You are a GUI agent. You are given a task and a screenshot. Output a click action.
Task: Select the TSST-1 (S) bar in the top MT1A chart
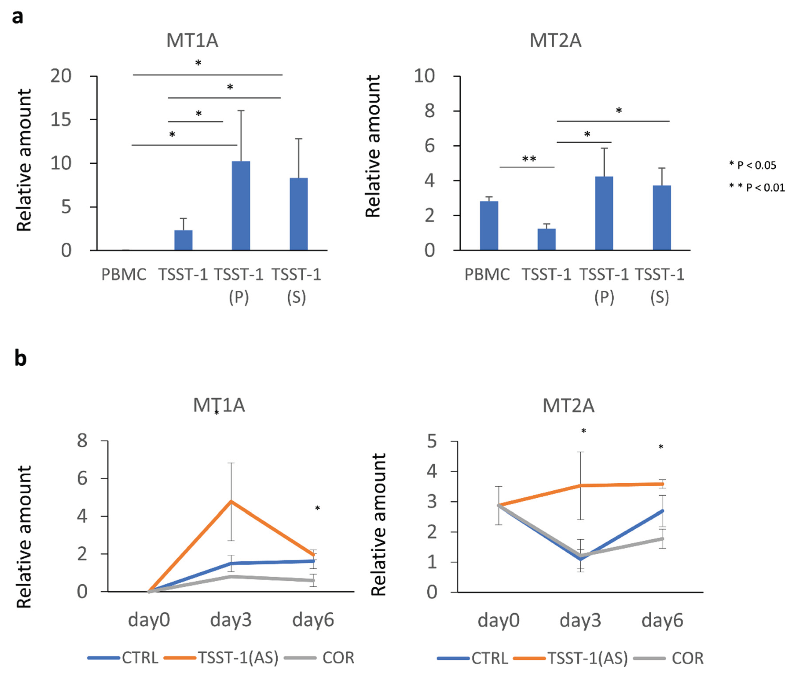[298, 214]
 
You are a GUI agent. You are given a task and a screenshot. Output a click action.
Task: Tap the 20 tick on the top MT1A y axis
[61, 76]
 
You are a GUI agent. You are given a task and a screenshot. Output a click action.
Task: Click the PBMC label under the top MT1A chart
[123, 275]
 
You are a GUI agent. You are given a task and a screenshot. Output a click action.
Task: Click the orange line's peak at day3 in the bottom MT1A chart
[231, 501]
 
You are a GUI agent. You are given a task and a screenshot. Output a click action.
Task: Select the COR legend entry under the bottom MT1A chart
[338, 658]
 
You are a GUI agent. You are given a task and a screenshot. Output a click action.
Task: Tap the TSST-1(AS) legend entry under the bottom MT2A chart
[587, 658]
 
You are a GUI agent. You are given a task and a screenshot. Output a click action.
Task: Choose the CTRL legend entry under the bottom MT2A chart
[489, 658]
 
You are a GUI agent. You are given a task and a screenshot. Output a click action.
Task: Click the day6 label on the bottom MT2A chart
[662, 620]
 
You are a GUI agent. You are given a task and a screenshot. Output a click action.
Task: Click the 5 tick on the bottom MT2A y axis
[432, 442]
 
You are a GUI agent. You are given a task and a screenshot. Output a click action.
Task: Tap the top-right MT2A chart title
[555, 40]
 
